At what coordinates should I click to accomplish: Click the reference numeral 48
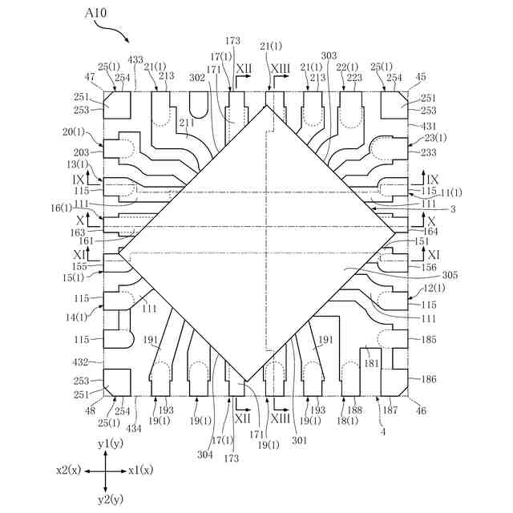click(90, 410)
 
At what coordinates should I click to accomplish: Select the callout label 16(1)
click(83, 208)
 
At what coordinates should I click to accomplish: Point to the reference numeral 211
click(186, 123)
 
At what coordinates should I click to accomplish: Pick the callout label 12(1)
click(430, 288)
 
